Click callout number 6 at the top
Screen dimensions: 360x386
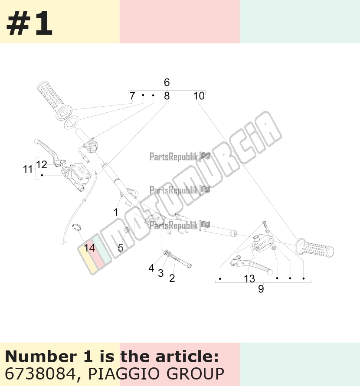click(x=167, y=82)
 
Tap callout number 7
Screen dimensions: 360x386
click(x=132, y=96)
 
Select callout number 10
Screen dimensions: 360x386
click(x=199, y=96)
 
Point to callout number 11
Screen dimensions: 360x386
click(x=28, y=170)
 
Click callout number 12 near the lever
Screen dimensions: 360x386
click(x=41, y=165)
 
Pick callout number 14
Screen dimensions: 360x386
click(x=89, y=248)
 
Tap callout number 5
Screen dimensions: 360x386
click(x=121, y=248)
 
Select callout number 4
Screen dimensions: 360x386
click(x=151, y=268)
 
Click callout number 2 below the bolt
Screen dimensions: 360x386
click(x=172, y=278)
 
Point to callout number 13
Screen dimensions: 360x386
click(x=249, y=279)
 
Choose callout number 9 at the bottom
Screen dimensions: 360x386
click(x=261, y=289)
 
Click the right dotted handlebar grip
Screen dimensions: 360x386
click(x=314, y=249)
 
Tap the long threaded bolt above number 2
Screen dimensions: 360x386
click(x=181, y=261)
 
